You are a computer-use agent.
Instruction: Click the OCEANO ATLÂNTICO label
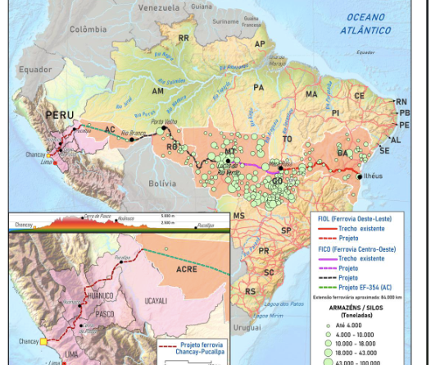(365, 23)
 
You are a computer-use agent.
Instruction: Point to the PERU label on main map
(60, 115)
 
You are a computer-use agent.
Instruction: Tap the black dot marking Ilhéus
(360, 176)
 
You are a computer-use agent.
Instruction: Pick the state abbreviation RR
(184, 38)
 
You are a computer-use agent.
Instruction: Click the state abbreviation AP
(260, 43)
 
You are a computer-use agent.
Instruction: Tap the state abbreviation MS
(238, 215)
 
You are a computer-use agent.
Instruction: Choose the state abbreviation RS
(249, 290)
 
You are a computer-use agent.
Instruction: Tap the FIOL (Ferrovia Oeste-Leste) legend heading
(354, 219)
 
